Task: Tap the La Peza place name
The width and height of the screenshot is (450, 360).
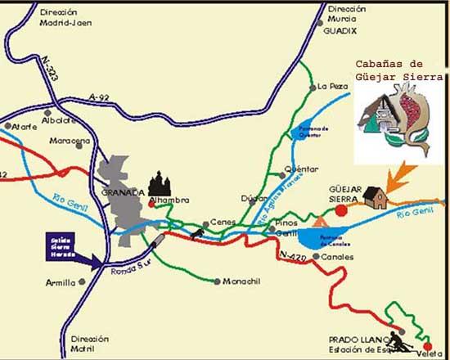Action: point(333,86)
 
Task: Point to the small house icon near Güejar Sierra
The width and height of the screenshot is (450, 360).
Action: point(376,197)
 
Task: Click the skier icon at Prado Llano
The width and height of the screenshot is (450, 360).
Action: point(395,338)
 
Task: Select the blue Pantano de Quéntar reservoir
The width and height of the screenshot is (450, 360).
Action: point(302,134)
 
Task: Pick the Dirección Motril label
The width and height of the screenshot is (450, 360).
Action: point(89,343)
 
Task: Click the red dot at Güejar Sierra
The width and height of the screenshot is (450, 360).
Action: point(341,209)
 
